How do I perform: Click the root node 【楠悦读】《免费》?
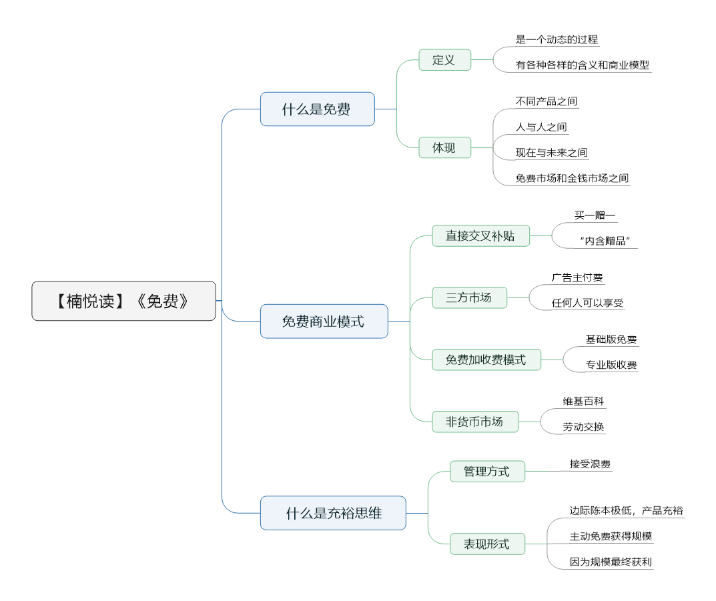123,301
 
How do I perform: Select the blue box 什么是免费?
318,109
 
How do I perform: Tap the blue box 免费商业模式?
324,322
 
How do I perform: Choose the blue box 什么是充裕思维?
333,513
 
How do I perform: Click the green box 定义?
445,60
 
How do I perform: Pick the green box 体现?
445,147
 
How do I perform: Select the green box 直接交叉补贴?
481,236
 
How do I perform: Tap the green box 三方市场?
469,297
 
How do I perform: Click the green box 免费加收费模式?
486,360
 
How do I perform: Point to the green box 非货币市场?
475,422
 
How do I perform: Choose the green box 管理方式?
487,472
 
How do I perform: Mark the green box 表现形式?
487,544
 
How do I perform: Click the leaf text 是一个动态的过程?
557,40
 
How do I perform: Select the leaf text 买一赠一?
595,215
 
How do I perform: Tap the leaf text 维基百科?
583,401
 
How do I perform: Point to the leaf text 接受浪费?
590,464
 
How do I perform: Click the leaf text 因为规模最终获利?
611,562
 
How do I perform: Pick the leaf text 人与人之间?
541,127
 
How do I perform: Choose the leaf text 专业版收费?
611,365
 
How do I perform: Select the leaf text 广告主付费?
577,277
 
